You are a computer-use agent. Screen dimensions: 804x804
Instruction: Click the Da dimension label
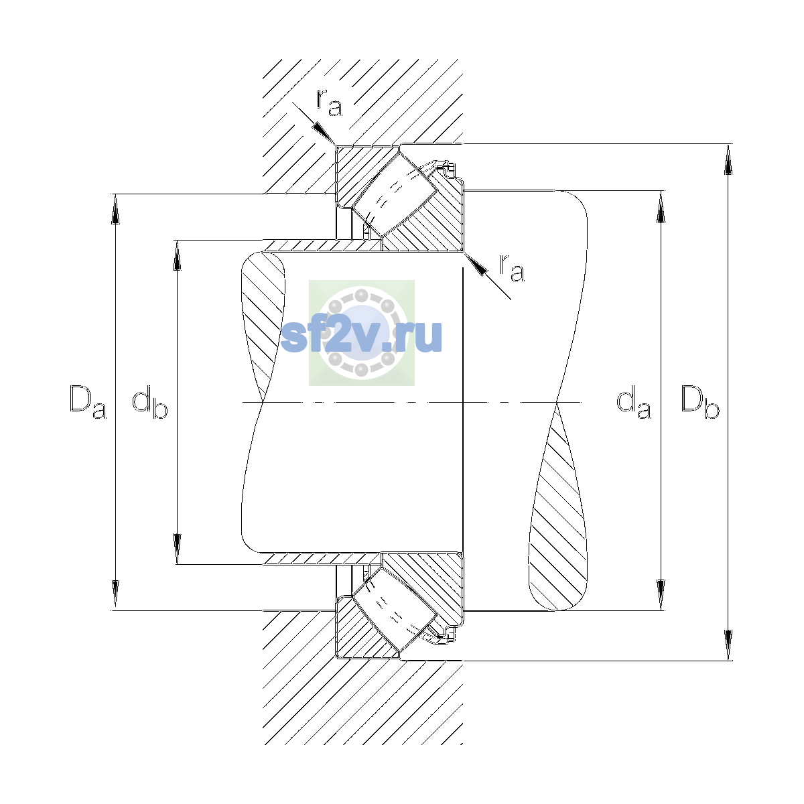(88, 402)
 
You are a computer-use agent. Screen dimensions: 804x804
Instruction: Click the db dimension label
(150, 402)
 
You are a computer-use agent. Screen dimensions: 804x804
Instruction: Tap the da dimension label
(633, 402)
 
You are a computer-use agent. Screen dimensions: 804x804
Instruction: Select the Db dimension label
(700, 402)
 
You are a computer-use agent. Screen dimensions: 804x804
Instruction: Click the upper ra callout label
(330, 103)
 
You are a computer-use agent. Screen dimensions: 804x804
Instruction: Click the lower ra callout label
(512, 268)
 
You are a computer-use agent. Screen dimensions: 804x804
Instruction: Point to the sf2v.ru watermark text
(361, 336)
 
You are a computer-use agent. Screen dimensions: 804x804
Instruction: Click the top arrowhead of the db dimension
(178, 255)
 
